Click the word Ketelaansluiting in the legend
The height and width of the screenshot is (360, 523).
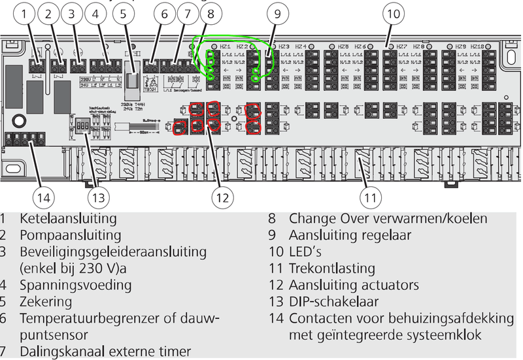[x=68, y=218]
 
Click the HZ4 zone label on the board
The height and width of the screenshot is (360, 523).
[x=301, y=47]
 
